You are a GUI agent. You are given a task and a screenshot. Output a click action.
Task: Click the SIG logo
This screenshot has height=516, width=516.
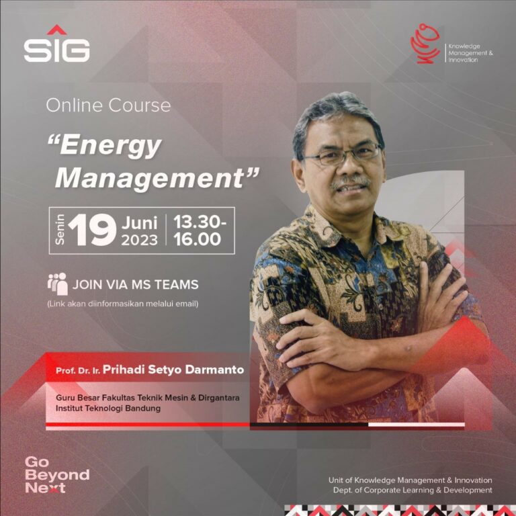point(56,46)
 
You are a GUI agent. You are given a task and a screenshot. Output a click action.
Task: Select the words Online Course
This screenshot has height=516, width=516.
point(108,105)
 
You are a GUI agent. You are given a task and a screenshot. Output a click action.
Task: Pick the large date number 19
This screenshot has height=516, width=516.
point(92,230)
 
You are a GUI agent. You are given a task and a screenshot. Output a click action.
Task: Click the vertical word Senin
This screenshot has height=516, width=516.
point(60,230)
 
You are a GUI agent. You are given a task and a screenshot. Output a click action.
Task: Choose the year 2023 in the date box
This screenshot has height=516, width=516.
point(139,239)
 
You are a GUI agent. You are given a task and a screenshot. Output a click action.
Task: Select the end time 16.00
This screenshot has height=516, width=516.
point(197,239)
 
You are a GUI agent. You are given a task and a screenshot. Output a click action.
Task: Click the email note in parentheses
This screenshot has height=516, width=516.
point(123,304)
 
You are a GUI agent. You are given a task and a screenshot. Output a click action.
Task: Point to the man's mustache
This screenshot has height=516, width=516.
point(350,181)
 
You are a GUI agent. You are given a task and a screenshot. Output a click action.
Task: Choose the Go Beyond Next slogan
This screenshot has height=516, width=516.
point(56,475)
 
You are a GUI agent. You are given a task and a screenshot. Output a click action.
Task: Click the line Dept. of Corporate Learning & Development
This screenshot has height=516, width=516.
point(413,490)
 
